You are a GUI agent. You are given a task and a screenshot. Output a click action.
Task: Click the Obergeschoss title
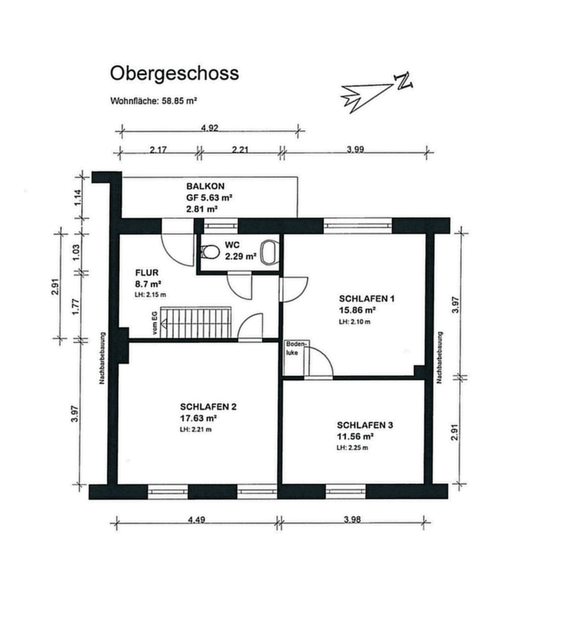point(175,74)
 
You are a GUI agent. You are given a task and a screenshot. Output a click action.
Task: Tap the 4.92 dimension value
point(209,128)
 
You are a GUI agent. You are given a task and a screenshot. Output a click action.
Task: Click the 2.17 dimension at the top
point(158,150)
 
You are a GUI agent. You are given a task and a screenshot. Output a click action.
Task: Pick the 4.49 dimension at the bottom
point(197,519)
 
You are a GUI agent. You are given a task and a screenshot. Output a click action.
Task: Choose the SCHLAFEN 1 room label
point(366,299)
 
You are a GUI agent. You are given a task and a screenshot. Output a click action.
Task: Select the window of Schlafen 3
point(346,491)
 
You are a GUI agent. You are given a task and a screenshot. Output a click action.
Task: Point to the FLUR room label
point(147,273)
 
